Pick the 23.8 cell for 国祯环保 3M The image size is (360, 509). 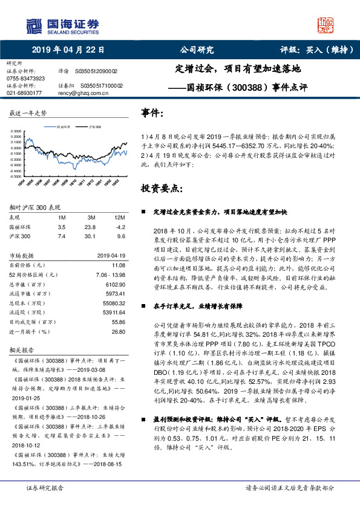pyautogui.click(x=91, y=227)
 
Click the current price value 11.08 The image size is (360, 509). pyautogui.click(x=118, y=265)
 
